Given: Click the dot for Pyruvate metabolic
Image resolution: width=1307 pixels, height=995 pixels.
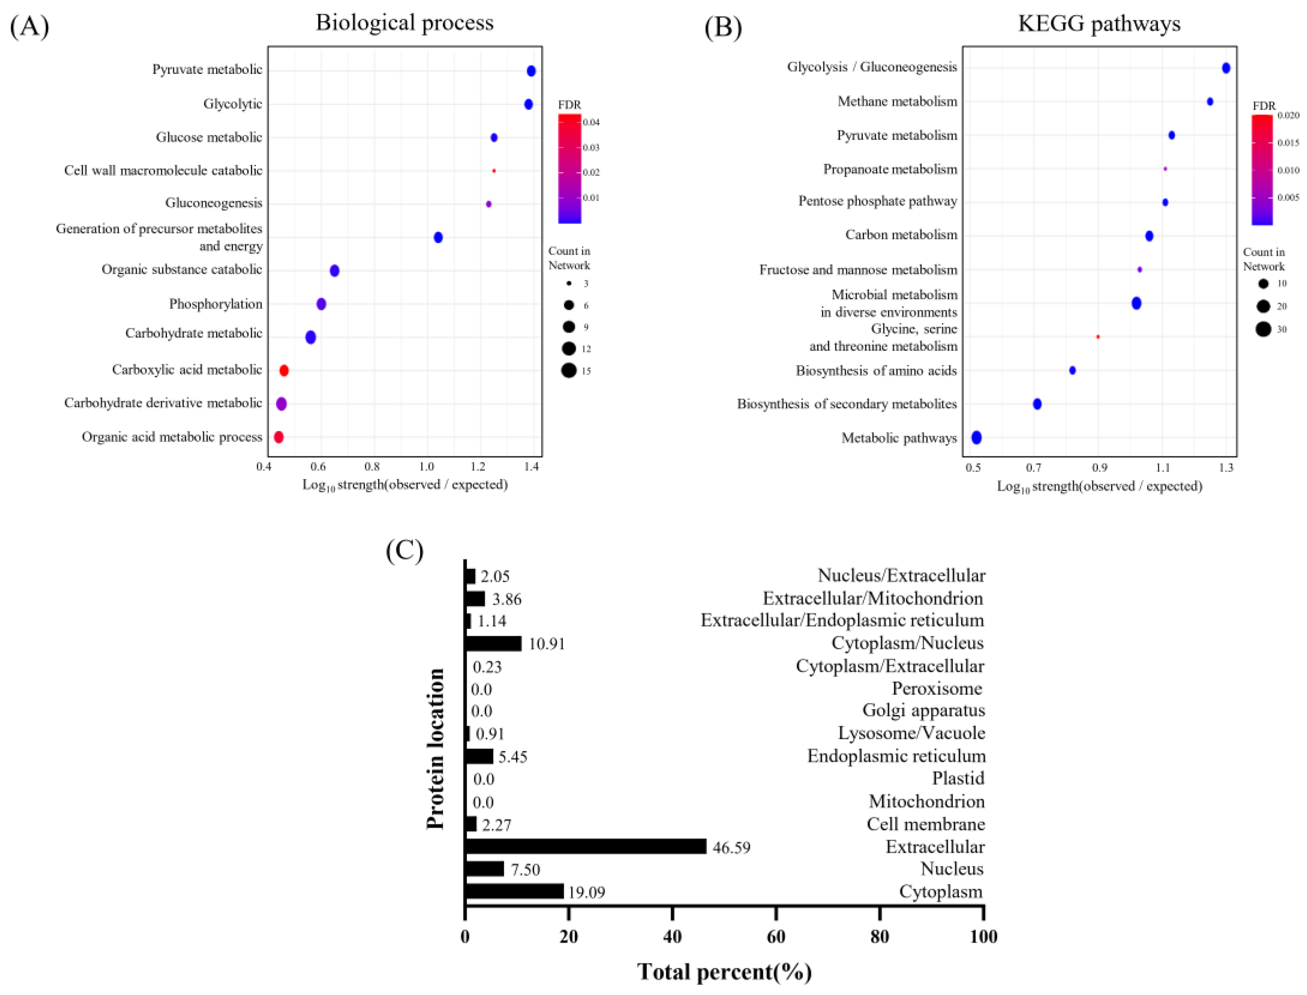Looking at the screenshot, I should pyautogui.click(x=531, y=71).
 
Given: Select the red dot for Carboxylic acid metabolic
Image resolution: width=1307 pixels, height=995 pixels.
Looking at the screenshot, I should pyautogui.click(x=284, y=371).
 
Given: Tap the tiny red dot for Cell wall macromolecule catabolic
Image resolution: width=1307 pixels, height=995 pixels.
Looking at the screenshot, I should pyautogui.click(x=494, y=171).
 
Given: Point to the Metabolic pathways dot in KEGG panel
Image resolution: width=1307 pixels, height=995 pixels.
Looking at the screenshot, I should pyautogui.click(x=976, y=438).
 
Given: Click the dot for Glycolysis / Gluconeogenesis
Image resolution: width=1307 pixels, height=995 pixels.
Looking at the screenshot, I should pyautogui.click(x=1226, y=68).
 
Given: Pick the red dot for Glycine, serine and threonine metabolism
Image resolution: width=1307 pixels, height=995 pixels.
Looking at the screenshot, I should pyautogui.click(x=1098, y=337).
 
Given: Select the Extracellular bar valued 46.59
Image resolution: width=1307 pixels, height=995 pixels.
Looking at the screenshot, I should pyautogui.click(x=586, y=846).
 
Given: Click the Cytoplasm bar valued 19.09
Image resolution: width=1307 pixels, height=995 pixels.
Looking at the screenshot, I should pyautogui.click(x=514, y=892).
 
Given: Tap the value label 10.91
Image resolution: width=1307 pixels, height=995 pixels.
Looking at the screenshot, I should pyautogui.click(x=546, y=644).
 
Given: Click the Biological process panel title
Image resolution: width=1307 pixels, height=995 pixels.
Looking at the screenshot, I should pyautogui.click(x=404, y=22).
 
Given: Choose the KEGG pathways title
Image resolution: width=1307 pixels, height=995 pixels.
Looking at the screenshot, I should pyautogui.click(x=1099, y=24).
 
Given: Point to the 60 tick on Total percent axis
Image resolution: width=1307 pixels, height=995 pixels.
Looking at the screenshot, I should pyautogui.click(x=775, y=936).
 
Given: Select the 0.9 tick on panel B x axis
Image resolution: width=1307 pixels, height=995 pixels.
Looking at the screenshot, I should pyautogui.click(x=1099, y=468).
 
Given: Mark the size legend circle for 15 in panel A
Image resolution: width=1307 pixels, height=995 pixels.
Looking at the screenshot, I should pyautogui.click(x=569, y=371).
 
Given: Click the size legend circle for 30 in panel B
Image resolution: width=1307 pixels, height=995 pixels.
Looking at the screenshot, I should pyautogui.click(x=1263, y=329).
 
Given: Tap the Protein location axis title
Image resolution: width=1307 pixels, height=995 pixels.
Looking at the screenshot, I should pyautogui.click(x=436, y=749).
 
